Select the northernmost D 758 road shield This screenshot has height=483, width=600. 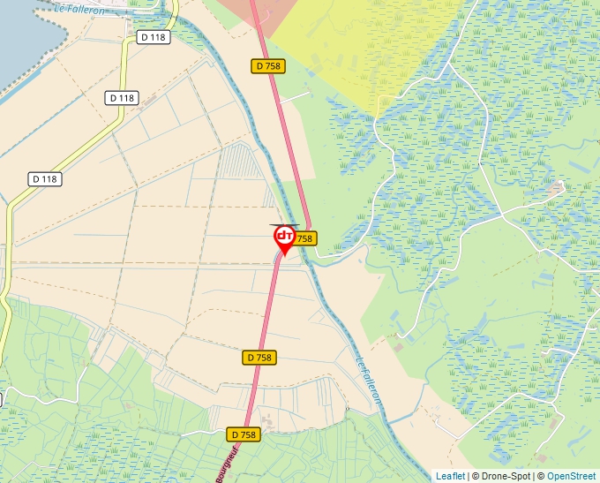pyautogui.click(x=268, y=65)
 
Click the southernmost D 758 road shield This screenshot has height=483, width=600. pyautogui.click(x=243, y=434)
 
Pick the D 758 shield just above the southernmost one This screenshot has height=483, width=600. pyautogui.click(x=259, y=358)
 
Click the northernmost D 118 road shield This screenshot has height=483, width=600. pyautogui.click(x=154, y=37)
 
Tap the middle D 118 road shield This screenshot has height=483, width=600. pyautogui.click(x=123, y=98)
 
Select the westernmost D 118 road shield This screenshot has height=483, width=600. pyautogui.click(x=45, y=178)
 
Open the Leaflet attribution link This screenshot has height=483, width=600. pyautogui.click(x=450, y=476)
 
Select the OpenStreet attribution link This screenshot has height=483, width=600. pyautogui.click(x=573, y=476)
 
